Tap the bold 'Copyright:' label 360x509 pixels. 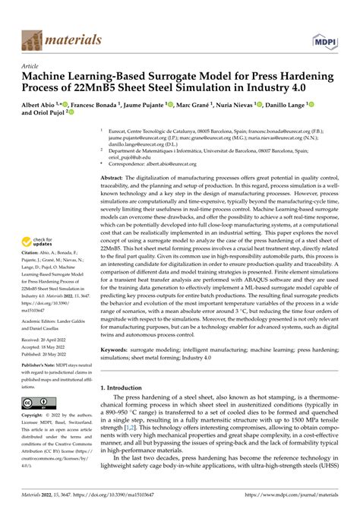point(36,416)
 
